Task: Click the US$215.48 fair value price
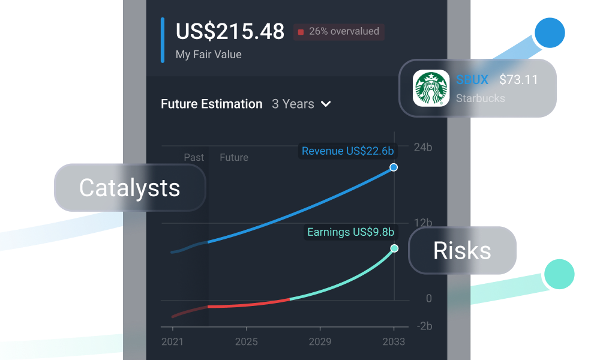pyautogui.click(x=230, y=32)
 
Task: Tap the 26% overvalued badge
pyautogui.click(x=339, y=32)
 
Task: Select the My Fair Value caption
pyautogui.click(x=208, y=55)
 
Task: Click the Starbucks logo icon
pyautogui.click(x=431, y=88)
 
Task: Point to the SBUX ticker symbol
pyautogui.click(x=472, y=80)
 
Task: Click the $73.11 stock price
pyautogui.click(x=518, y=80)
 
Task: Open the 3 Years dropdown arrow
pyautogui.click(x=326, y=104)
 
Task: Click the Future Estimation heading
pyautogui.click(x=212, y=104)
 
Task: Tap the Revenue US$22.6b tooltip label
pyautogui.click(x=347, y=151)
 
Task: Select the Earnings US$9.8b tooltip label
pyautogui.click(x=350, y=232)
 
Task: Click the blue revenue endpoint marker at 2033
pyautogui.click(x=394, y=167)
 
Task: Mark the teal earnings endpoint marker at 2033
pyautogui.click(x=394, y=248)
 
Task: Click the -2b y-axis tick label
pyautogui.click(x=425, y=326)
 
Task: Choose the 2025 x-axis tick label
pyautogui.click(x=247, y=342)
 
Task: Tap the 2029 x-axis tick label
pyautogui.click(x=320, y=342)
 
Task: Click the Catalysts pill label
pyautogui.click(x=130, y=188)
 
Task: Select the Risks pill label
pyautogui.click(x=462, y=251)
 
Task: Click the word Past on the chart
pyautogui.click(x=194, y=158)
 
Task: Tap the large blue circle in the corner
pyautogui.click(x=550, y=33)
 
